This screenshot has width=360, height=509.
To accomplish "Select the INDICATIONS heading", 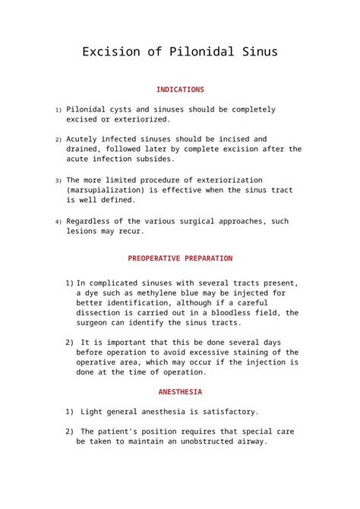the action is point(180,90).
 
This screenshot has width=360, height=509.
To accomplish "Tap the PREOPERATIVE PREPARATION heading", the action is point(180,258).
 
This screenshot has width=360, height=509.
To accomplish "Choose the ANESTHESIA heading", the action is point(180,392).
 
